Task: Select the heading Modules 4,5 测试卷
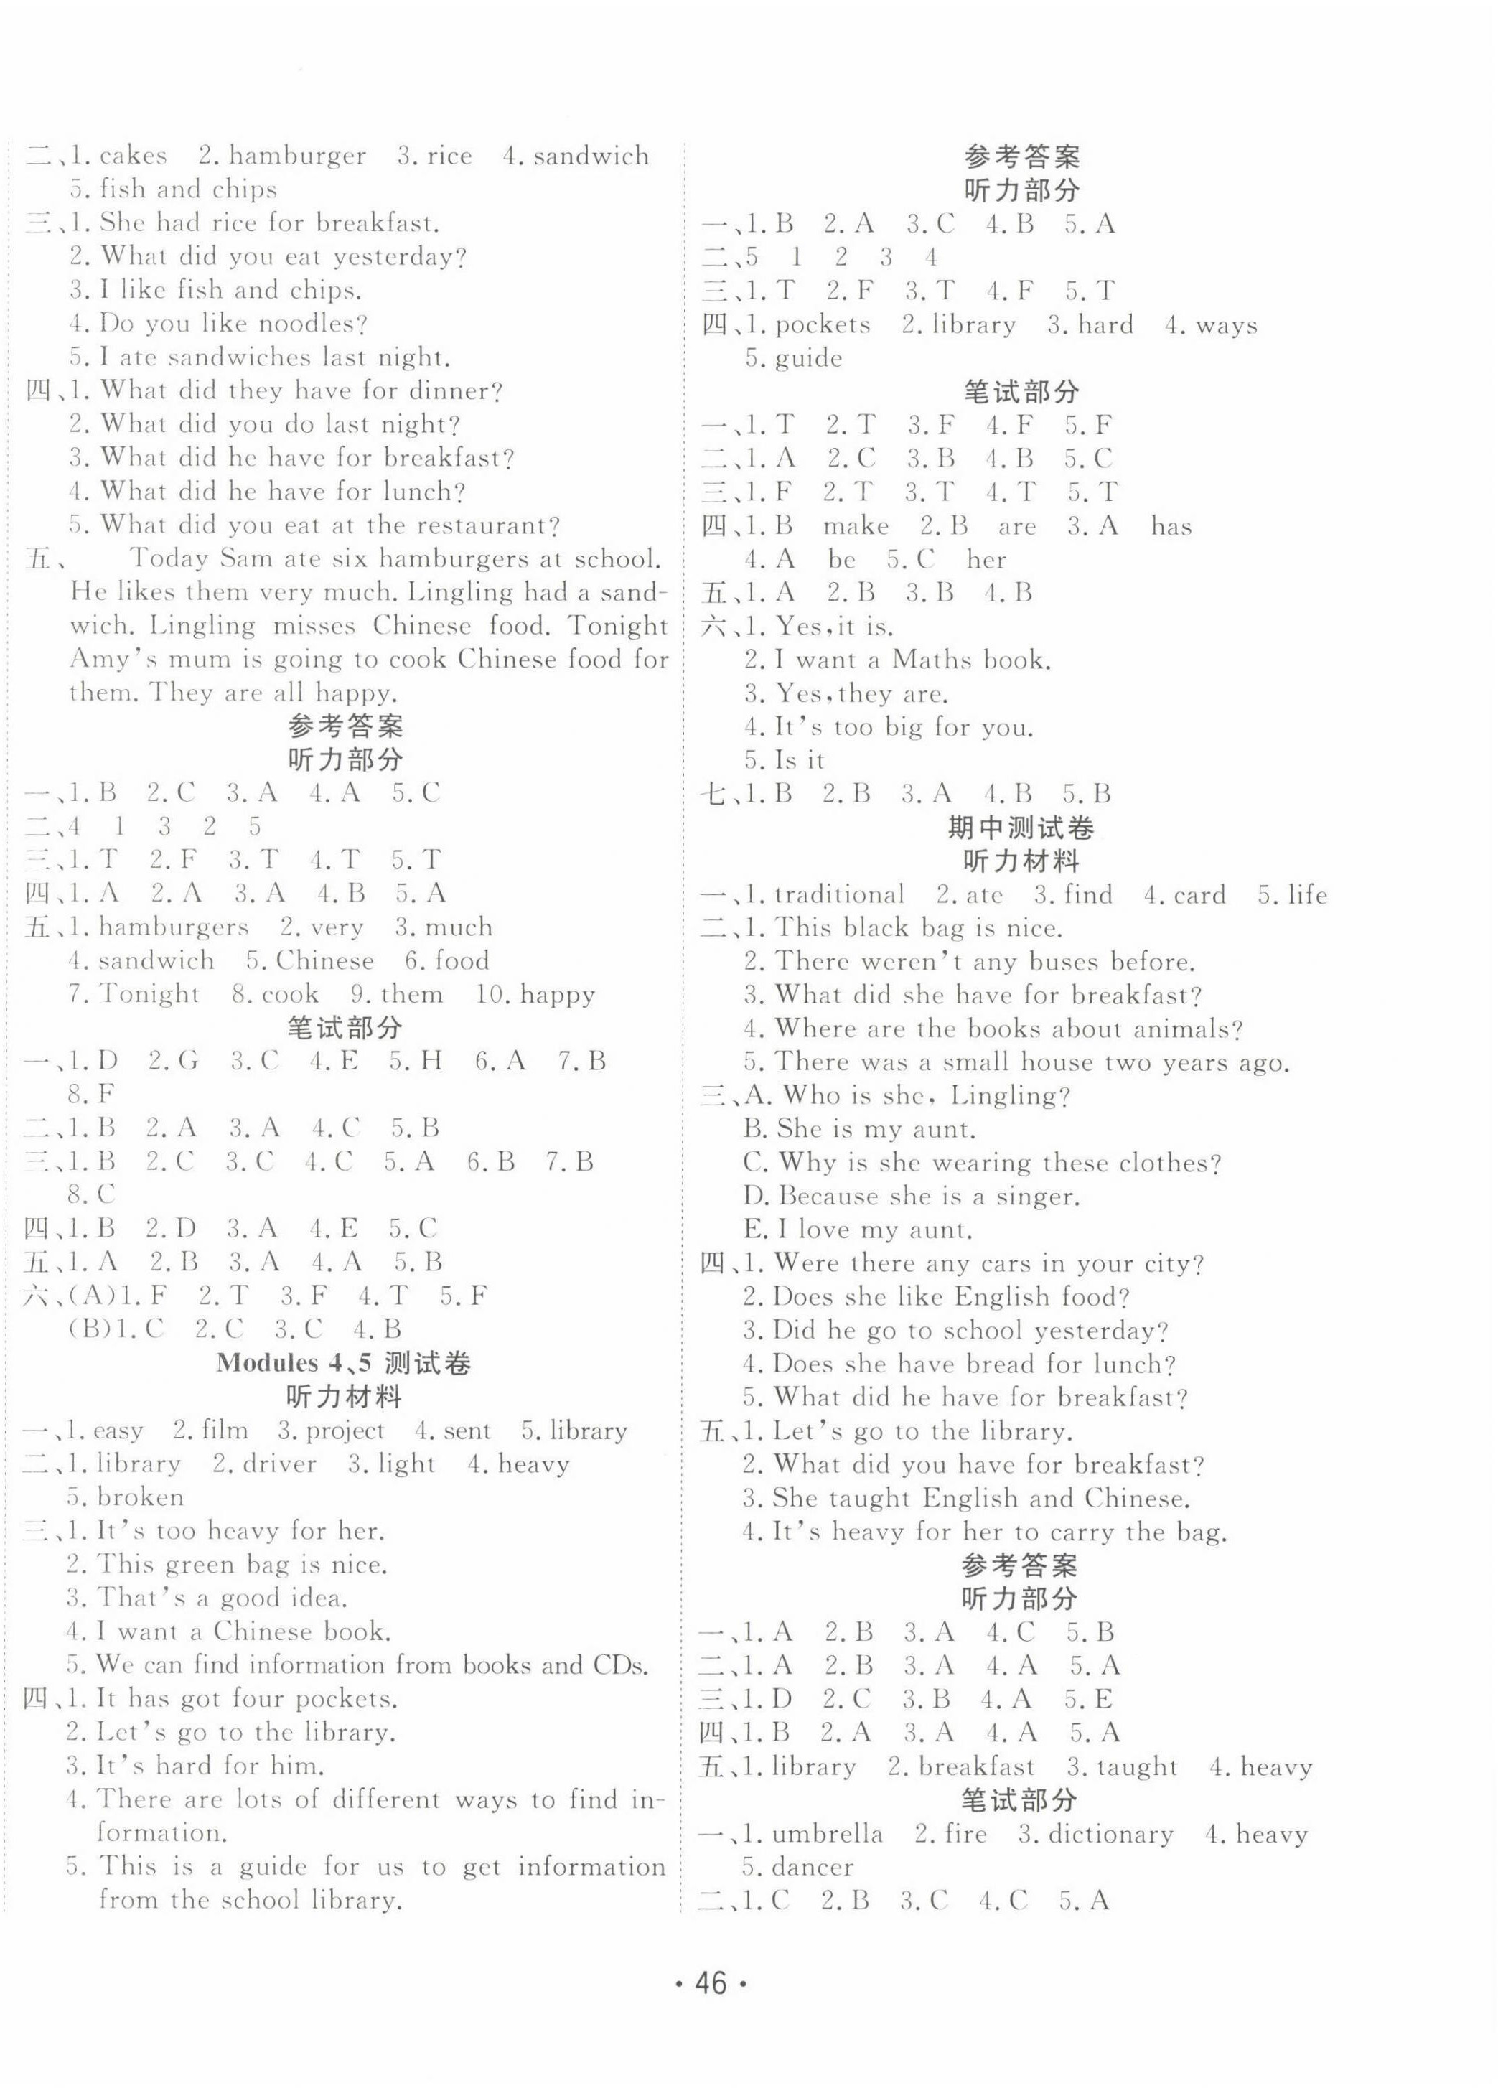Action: [343, 1362]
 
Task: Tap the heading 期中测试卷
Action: [1020, 828]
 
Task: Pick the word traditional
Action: [839, 895]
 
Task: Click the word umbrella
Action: [827, 1834]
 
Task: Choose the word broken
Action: [140, 1497]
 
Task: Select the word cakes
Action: [133, 156]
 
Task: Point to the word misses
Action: [314, 626]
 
